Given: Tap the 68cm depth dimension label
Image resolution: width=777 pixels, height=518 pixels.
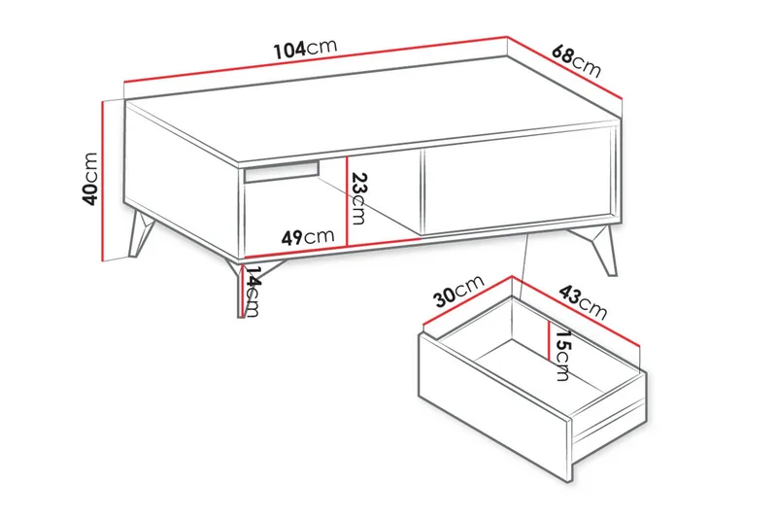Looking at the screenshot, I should tap(576, 60).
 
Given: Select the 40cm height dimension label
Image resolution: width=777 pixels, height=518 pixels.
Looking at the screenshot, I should tap(90, 178).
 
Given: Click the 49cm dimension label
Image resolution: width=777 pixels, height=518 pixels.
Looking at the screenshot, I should tap(307, 236).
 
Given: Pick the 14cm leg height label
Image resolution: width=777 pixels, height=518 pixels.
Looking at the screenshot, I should tap(253, 290).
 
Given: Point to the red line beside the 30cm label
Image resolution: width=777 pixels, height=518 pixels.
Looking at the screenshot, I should tap(469, 303).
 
